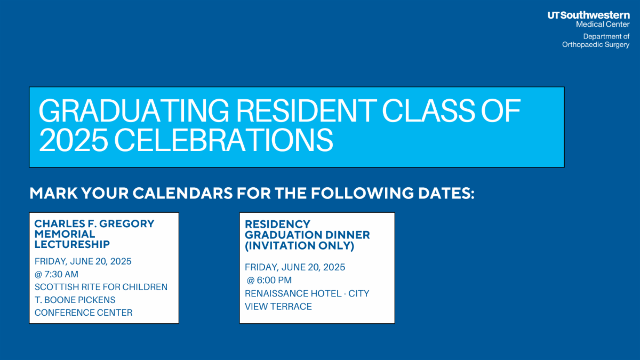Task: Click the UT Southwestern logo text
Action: [x=589, y=15]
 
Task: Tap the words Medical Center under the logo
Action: [x=603, y=25]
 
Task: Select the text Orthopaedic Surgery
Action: [x=596, y=45]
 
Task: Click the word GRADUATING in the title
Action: [x=134, y=111]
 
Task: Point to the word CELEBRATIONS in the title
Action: [x=223, y=140]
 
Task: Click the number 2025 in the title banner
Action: [x=73, y=140]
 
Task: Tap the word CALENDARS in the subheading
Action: [x=182, y=193]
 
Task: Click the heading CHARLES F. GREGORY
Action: [x=94, y=223]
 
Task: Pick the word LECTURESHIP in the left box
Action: [x=72, y=244]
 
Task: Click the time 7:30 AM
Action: [x=61, y=274]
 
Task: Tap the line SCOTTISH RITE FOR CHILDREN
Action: [x=101, y=287]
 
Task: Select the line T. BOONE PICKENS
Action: [x=75, y=300]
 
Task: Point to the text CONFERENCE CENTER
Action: [x=83, y=313]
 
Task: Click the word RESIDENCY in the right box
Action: [x=277, y=225]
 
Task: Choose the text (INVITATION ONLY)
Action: [x=299, y=246]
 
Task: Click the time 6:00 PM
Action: [x=274, y=281]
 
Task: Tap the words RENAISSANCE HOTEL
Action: [x=293, y=293]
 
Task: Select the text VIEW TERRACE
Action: [x=278, y=307]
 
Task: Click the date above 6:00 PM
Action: [x=295, y=267]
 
